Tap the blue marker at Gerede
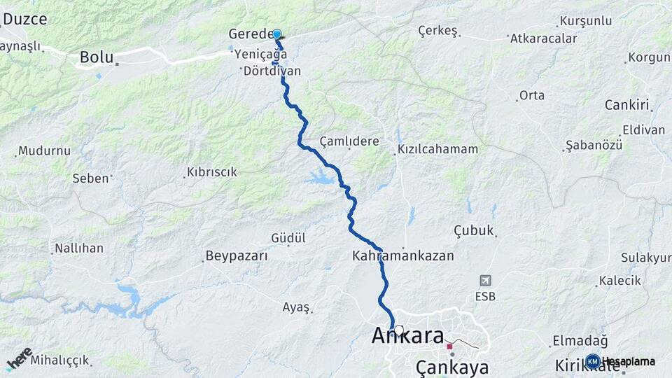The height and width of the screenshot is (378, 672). tap(276, 34)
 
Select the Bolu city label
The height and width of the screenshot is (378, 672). tap(97, 57)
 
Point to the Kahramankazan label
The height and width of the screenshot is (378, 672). tap(403, 256)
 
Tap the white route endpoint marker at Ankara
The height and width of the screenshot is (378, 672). tap(398, 330)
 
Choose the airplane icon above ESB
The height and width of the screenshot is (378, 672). tap(484, 281)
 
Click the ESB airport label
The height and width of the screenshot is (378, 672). tap(484, 296)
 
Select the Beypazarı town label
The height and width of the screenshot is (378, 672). tap(237, 256)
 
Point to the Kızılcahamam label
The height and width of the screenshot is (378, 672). tap(437, 149)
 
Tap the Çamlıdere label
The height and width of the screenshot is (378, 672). tap(349, 141)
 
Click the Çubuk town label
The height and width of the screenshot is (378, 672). tap(474, 230)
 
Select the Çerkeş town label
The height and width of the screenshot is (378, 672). tap(437, 31)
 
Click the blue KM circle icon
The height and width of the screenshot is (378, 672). tap(593, 361)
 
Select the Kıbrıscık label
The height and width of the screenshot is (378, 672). tap(212, 172)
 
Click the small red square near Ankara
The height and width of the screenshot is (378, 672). tap(449, 346)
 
